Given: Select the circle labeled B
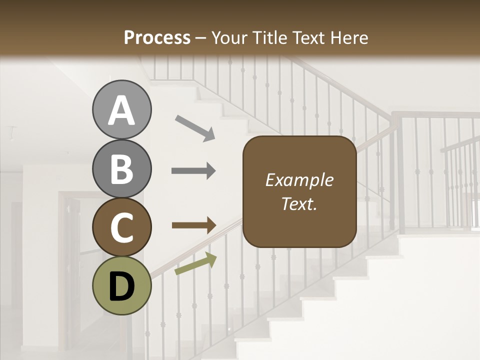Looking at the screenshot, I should (121, 169).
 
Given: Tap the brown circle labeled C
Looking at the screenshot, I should (121, 227).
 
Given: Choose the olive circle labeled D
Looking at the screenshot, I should (121, 286).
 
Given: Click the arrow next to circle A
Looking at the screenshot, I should (194, 127).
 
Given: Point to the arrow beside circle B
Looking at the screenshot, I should (193, 171).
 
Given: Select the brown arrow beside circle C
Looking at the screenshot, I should (193, 225).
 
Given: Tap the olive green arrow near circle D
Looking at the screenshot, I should (195, 264).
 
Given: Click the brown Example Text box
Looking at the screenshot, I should (299, 192).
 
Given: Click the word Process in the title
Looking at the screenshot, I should (157, 37).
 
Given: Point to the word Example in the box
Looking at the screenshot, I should (299, 180).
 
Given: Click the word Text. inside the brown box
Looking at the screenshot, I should (299, 204).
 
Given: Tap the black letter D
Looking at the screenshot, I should (121, 286).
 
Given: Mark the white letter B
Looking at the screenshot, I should (121, 169).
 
